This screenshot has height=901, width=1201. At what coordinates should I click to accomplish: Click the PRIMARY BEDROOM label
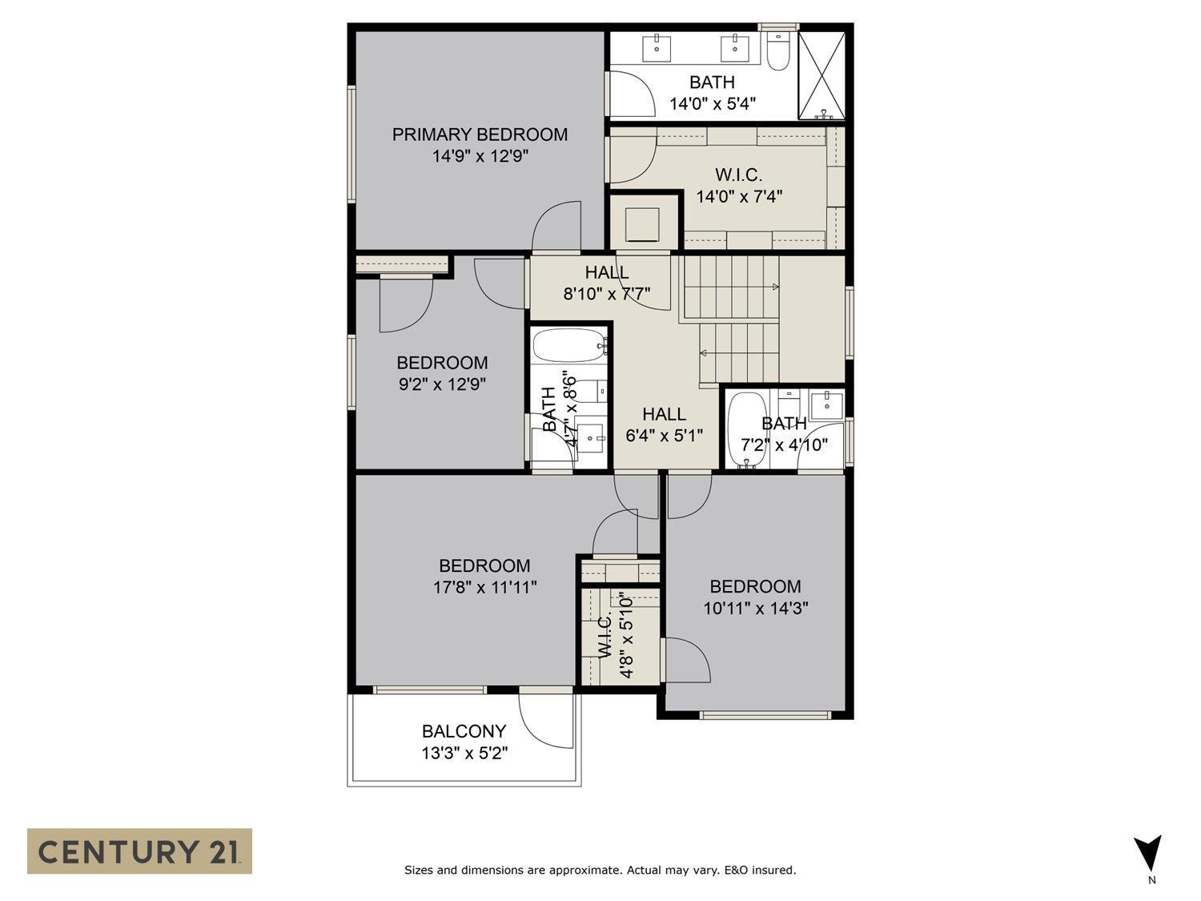tap(480, 135)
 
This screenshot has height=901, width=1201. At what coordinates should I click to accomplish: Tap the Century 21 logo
tap(139, 851)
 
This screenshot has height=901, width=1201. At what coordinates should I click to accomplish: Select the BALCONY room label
tap(464, 731)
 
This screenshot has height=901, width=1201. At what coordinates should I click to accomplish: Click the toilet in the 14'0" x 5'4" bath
tap(778, 51)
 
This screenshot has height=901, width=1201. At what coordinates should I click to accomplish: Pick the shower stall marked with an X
tap(821, 75)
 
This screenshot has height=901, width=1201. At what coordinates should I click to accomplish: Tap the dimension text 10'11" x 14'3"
tap(755, 608)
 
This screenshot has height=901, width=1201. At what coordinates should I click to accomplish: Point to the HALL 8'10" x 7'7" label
tap(606, 283)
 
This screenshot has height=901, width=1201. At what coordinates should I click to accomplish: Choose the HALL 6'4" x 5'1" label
tap(664, 424)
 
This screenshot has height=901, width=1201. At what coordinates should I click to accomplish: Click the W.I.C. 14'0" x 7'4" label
tap(738, 185)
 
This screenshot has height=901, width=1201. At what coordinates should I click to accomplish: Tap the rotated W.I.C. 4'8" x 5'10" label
tap(616, 635)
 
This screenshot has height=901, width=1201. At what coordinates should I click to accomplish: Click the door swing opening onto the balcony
tap(547, 718)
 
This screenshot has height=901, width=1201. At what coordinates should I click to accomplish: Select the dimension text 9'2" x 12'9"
tap(442, 384)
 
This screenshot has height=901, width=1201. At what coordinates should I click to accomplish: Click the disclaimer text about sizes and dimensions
tap(600, 870)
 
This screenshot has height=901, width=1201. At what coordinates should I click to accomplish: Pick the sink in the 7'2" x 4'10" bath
tap(825, 404)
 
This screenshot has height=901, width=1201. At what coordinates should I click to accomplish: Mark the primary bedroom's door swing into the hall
tap(556, 227)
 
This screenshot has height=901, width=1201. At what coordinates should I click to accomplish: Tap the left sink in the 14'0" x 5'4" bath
tap(657, 47)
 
